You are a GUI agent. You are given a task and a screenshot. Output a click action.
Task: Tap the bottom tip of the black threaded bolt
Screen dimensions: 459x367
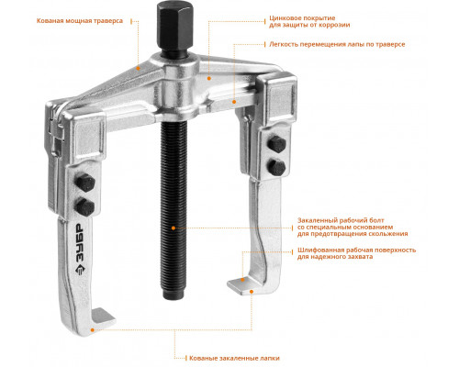pyautogui.click(x=173, y=299)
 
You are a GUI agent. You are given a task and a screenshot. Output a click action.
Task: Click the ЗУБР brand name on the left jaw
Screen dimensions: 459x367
pyautogui.click(x=80, y=242)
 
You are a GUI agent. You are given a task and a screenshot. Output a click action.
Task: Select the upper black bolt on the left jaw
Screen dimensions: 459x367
pyautogui.click(x=85, y=183)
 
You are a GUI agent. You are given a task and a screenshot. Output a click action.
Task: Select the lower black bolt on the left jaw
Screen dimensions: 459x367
pyautogui.click(x=85, y=206)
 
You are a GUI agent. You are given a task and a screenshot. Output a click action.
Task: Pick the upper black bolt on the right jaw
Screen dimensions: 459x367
pyautogui.click(x=276, y=144)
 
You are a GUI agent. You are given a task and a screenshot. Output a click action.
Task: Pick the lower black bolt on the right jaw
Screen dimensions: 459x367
pyautogui.click(x=276, y=167)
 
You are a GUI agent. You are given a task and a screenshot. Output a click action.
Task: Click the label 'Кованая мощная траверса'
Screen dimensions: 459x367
pyautogui.click(x=80, y=21)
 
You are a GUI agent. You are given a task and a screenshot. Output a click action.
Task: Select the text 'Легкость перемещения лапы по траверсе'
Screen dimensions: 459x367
pyautogui.click(x=337, y=44)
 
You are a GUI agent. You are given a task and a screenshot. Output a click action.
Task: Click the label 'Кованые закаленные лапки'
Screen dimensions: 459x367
pyautogui.click(x=234, y=358)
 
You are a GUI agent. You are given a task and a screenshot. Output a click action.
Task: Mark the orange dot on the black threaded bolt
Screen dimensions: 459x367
pyautogui.click(x=174, y=228)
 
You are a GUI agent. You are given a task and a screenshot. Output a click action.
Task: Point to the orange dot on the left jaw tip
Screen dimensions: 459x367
pyautogui.click(x=92, y=329)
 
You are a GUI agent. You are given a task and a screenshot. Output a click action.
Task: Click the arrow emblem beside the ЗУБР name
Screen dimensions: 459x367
pyautogui.click(x=80, y=270)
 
